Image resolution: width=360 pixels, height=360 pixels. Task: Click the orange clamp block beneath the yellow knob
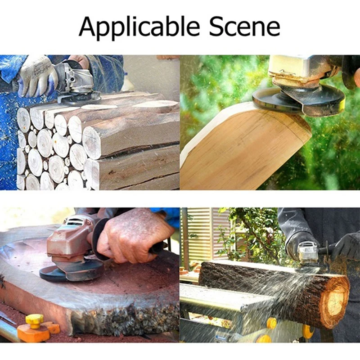pos(34,333)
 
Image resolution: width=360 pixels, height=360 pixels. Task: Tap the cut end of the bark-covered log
pos(336,302)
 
